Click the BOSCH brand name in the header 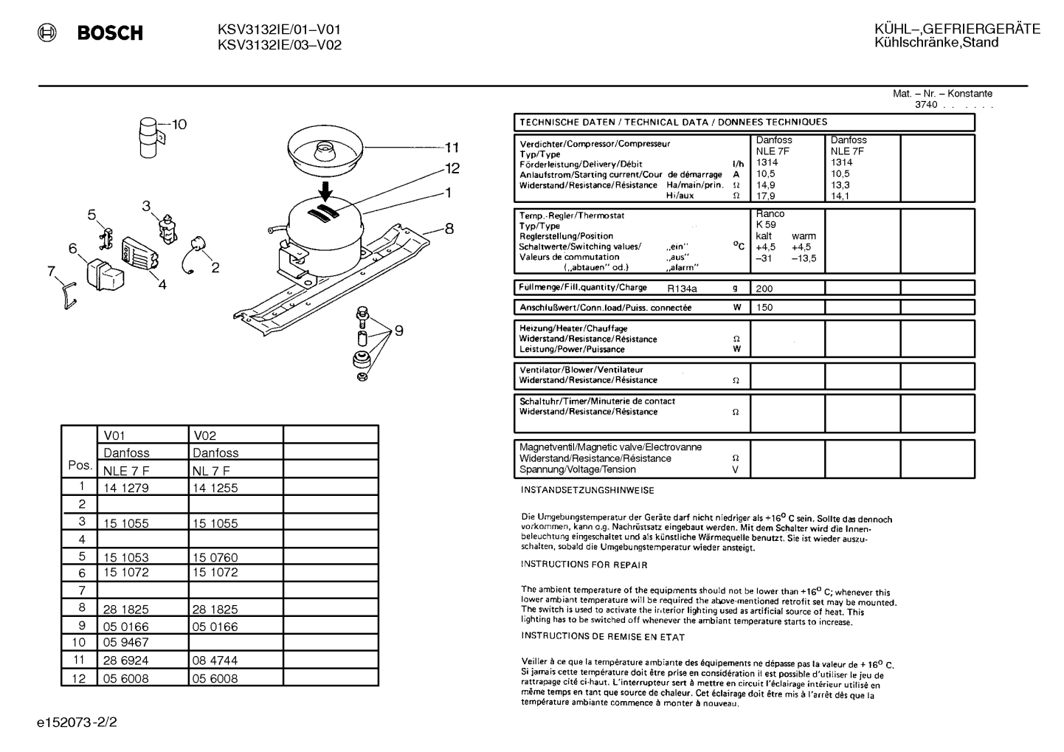coord(110,32)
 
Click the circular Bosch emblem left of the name coord(46,32)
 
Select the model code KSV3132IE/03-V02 coord(280,45)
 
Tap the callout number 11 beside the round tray coord(452,148)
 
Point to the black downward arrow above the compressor coord(326,191)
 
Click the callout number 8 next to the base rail coord(449,229)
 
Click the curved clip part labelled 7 coord(69,295)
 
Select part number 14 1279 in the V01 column coord(126,488)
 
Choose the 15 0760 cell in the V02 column coord(215,556)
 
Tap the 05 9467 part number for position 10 coord(126,642)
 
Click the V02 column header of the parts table coord(204,435)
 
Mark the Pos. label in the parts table coord(80,465)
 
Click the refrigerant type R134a coord(682,289)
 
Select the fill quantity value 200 coord(764,289)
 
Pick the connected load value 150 coord(764,307)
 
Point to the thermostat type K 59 coord(767,224)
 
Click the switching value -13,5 coord(804,258)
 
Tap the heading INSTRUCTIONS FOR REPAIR coord(584,565)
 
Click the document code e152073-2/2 coord(77,722)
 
